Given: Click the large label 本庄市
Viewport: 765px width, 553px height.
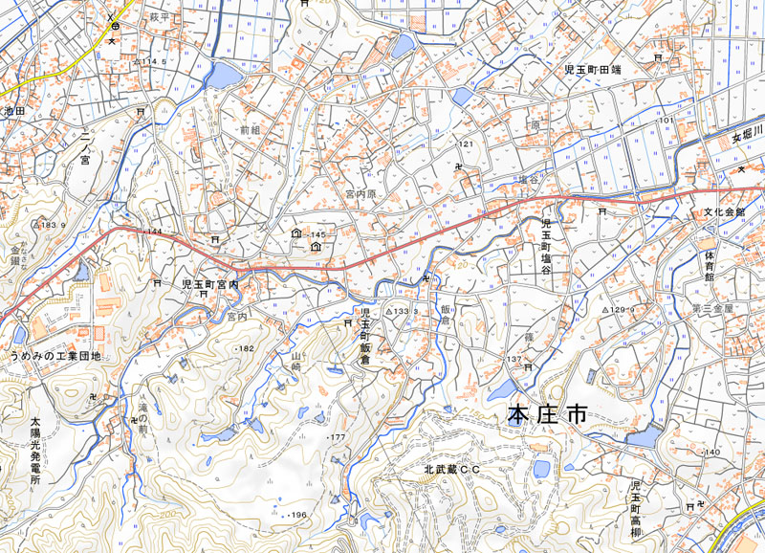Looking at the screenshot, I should pos(546,415).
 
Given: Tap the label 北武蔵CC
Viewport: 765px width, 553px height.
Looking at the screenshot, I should pos(451,470).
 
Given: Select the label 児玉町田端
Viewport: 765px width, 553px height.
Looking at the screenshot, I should pos(593,70).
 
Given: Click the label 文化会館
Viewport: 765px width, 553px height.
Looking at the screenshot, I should pos(724,212).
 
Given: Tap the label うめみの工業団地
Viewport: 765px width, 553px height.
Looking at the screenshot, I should pos(55,357).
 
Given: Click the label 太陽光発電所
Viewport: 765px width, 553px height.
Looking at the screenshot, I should pos(35,451).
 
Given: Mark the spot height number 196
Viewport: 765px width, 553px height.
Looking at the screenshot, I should pos(297,516).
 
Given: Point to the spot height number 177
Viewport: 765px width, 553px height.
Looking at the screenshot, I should pos(336,437).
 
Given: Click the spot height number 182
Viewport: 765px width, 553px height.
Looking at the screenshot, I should pos(247,348).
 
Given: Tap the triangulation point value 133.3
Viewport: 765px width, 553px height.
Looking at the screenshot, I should pos(405,312).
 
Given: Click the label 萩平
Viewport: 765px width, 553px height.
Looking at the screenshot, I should pos(159,17).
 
